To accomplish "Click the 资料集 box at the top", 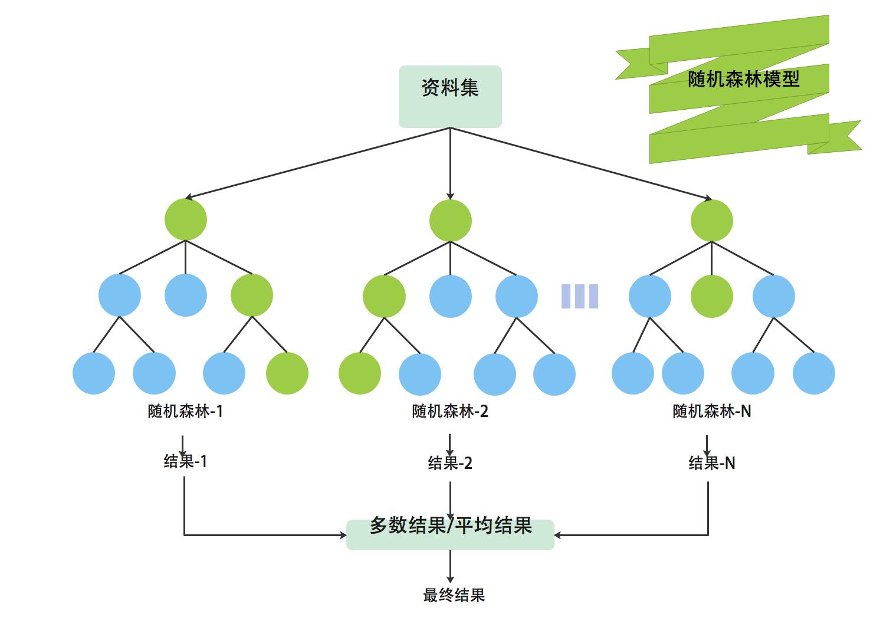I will pos(450,96).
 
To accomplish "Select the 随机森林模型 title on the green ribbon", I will pos(743,78).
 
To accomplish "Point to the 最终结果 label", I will pos(454,595).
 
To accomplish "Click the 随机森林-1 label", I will pos(185,411).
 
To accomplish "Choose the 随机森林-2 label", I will pos(450,411).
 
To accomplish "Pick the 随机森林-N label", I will pos(712,411).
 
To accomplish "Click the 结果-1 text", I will pos(185,461).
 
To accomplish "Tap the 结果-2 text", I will pos(450,463).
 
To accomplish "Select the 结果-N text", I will pos(712,463).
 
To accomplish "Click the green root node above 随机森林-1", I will pos(186,219).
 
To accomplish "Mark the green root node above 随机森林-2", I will pos(451,221).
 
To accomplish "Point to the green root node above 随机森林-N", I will pos(712,221).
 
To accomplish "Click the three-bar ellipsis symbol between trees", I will pos(580,296).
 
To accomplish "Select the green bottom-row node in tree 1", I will pos(287,373).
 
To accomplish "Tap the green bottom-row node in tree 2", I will pos(360,373).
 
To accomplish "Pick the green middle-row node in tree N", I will pos(712,296).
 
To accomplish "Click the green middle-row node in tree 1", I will pos(252,295).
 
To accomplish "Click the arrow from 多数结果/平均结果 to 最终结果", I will pos(450,566).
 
